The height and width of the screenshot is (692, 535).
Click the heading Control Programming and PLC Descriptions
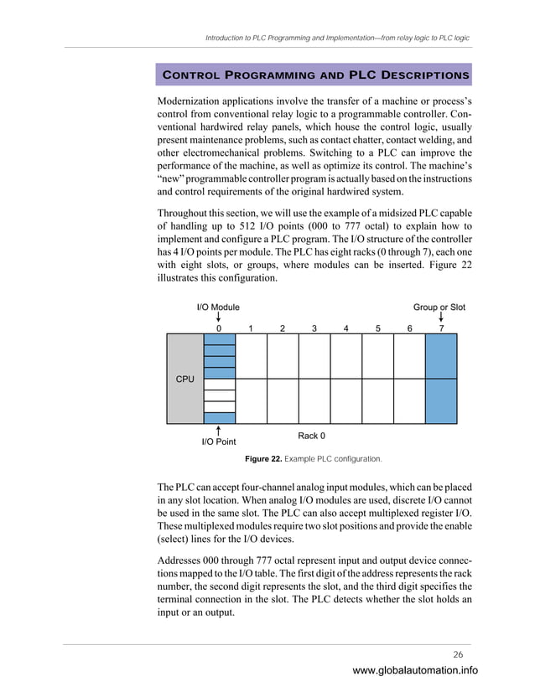pos(314,75)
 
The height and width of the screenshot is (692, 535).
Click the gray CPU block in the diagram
pos(184,379)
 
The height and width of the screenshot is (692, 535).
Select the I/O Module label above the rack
pos(218,307)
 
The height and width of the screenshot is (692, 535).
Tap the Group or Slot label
pos(439,307)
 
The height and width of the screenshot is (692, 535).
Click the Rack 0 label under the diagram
pos(311,436)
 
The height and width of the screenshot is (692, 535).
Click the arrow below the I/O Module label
pos(219,318)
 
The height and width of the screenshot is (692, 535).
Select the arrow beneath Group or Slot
pos(441,318)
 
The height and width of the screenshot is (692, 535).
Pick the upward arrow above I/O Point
pos(219,429)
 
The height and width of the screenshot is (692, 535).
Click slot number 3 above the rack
pos(314,328)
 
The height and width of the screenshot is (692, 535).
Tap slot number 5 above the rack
pos(377,328)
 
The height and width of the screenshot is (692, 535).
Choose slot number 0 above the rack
pos(219,328)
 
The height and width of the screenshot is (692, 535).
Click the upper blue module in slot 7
pos(441,356)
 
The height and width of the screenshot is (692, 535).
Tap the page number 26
pos(459,654)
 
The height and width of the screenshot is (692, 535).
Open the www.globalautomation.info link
pos(415,670)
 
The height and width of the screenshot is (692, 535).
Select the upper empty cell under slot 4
pos(345,356)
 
